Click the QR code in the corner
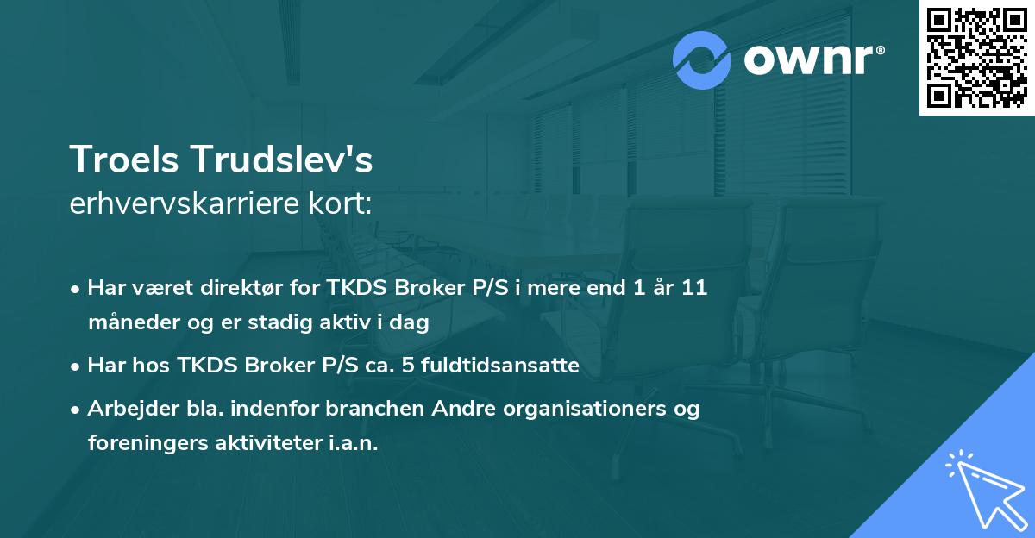[x=976, y=58]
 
